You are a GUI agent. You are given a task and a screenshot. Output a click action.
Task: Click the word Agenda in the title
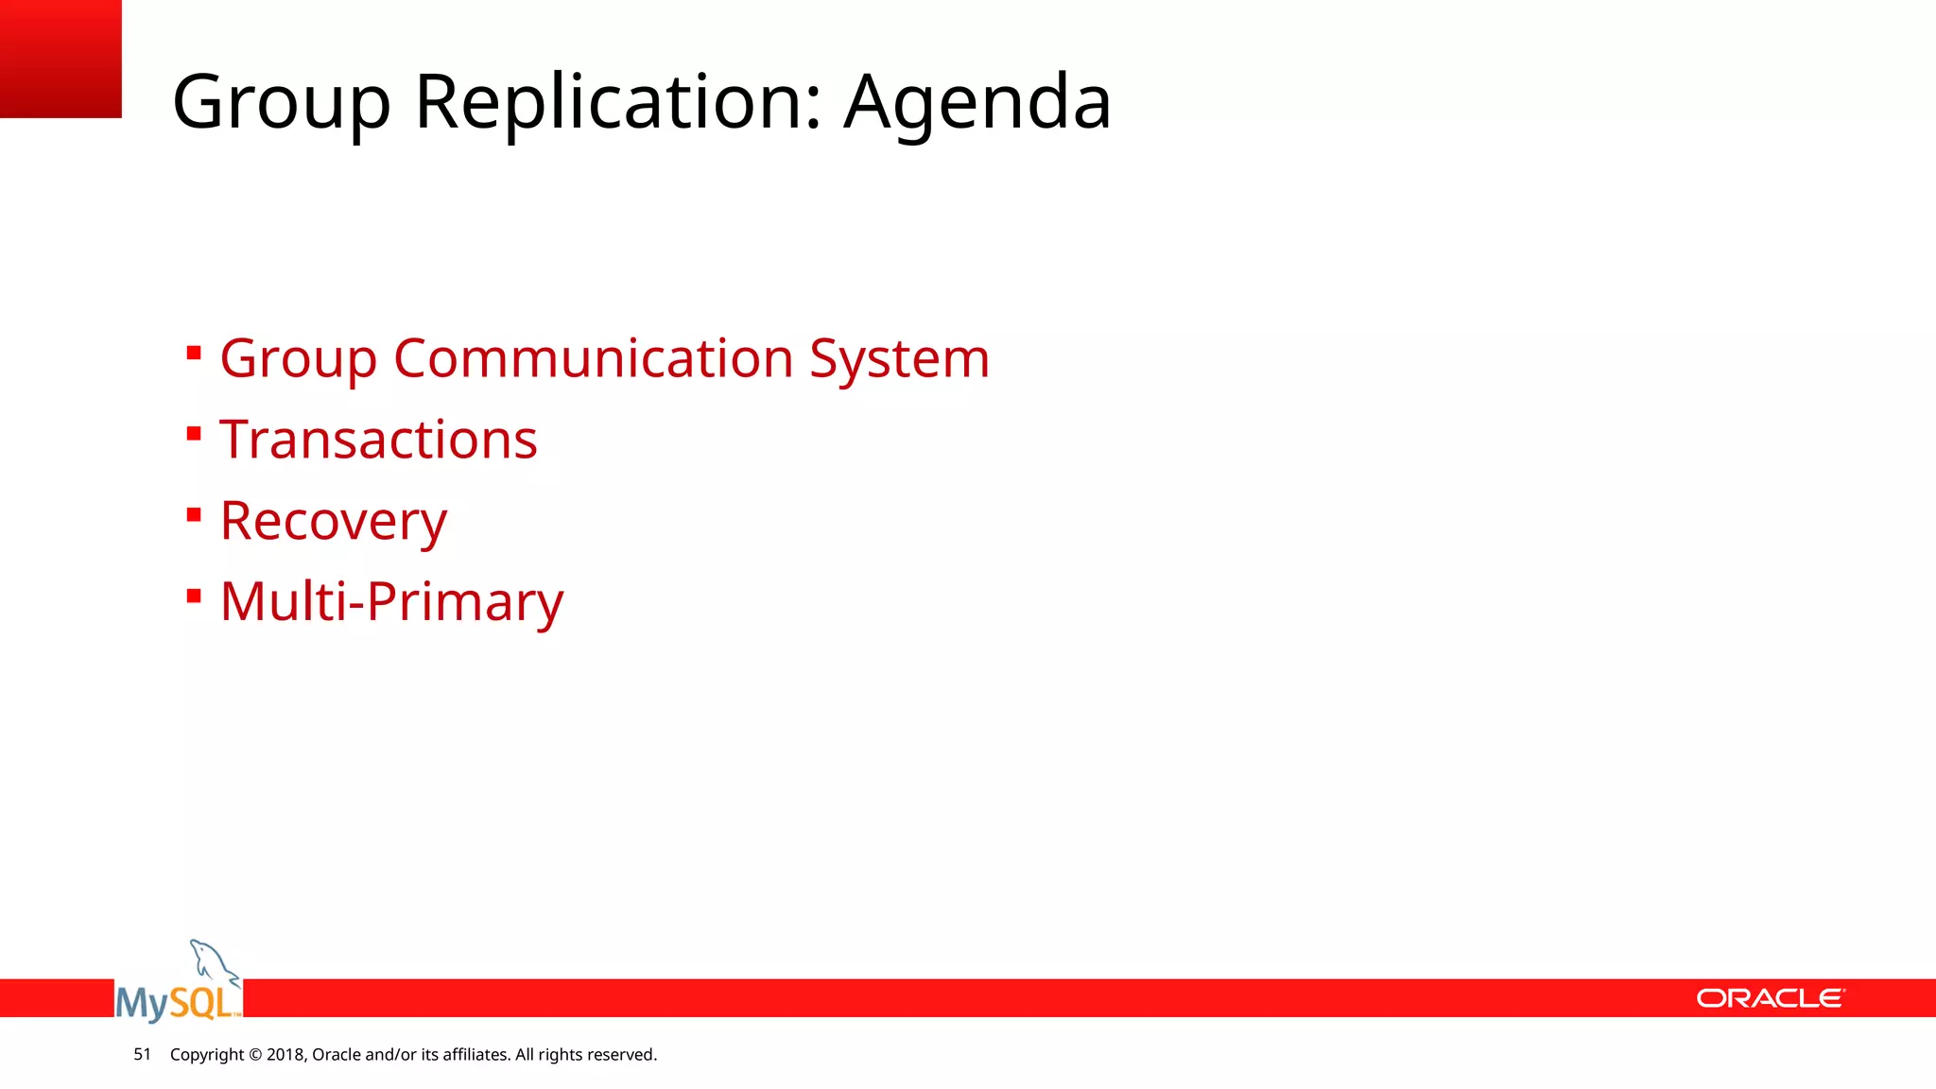977,102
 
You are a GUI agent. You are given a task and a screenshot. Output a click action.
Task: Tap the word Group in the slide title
281,102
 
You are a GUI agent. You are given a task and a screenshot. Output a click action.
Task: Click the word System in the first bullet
899,359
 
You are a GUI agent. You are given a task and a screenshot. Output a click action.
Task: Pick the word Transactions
378,440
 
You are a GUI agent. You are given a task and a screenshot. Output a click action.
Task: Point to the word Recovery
333,521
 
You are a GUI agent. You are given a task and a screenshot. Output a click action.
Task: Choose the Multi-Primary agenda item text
391,601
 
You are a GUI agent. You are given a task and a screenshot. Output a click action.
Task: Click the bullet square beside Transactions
194,434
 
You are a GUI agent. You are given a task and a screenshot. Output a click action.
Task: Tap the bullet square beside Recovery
194,515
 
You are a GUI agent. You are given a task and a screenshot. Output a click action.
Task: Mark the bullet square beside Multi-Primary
194,596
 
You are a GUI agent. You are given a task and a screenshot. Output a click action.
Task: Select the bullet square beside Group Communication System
194,354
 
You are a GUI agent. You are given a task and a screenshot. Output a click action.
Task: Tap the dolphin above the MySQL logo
212,959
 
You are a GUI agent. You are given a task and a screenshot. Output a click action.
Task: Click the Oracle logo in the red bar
1770,998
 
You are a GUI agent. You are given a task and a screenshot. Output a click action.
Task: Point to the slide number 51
142,1054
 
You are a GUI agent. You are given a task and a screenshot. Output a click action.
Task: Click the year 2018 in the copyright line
285,1055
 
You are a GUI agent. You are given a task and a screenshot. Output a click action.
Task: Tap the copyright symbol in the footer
255,1055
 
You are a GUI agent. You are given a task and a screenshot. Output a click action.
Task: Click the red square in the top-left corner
60,59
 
